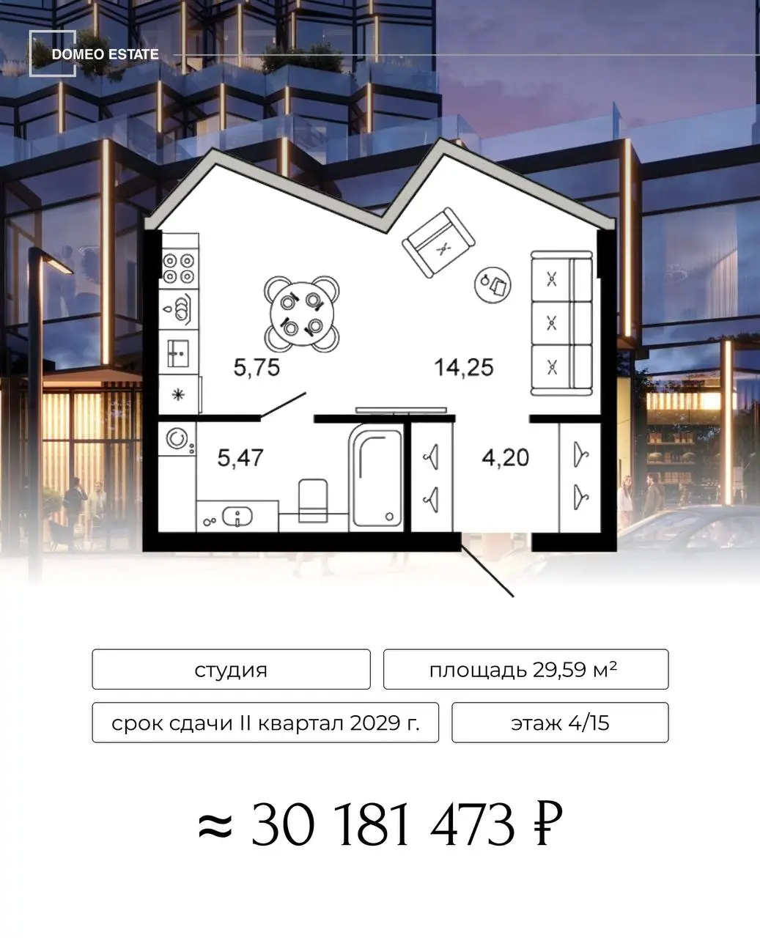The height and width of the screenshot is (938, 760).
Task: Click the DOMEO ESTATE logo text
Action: point(105,54)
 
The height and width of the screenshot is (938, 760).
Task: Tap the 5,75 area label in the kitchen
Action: point(257,367)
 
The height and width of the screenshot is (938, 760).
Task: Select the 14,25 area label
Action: point(464,367)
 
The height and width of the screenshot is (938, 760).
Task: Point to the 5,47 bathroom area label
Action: point(240,457)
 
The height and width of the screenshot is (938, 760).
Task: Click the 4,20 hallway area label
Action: point(505,457)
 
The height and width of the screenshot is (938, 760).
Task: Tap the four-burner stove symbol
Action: point(179,268)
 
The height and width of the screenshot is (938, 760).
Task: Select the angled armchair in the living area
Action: point(438,243)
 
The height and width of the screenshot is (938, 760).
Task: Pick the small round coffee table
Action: point(492,284)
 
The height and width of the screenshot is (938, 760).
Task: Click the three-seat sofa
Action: point(561,323)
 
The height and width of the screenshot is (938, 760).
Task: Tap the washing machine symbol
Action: point(177,439)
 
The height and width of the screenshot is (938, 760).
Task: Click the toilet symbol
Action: point(313,501)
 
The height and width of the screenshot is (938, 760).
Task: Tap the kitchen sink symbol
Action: point(178,353)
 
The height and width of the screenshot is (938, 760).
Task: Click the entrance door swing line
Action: point(487,572)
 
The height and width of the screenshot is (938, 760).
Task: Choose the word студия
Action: point(231,671)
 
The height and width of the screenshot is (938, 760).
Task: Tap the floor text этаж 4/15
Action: point(560,723)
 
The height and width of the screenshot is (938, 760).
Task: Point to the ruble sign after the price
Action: point(549,827)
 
